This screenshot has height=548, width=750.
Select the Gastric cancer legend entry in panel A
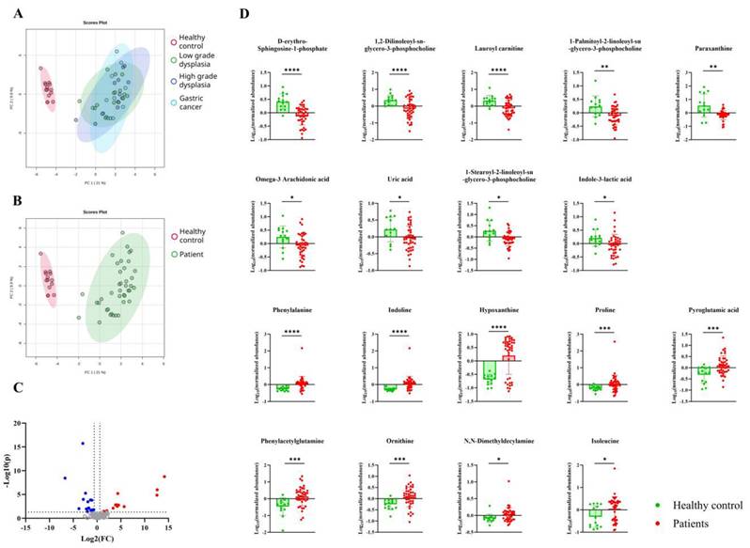[199, 102]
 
